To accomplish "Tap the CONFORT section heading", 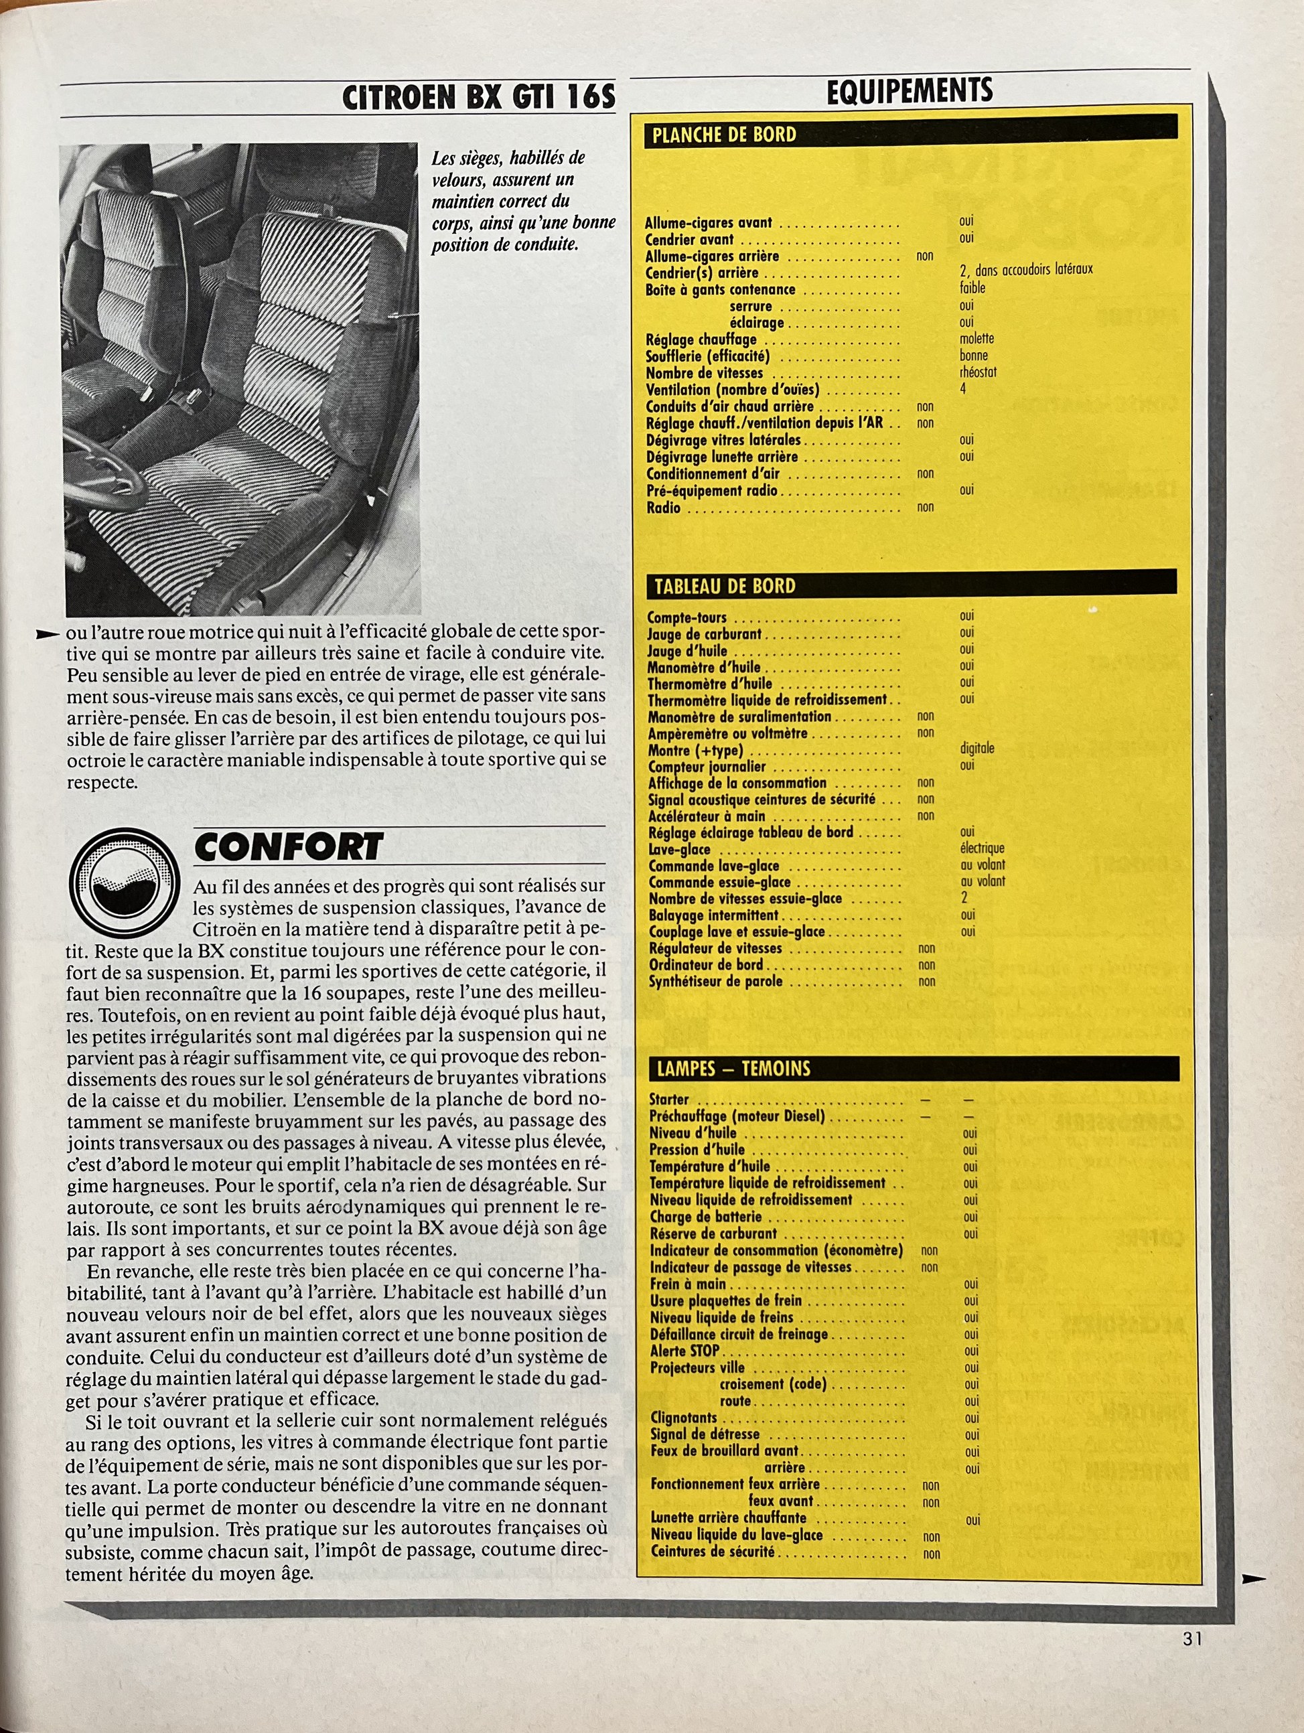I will point(289,847).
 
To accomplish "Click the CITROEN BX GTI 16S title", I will point(478,97).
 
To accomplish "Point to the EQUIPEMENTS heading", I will point(909,91).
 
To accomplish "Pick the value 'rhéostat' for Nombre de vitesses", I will point(977,372).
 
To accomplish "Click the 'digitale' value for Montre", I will point(976,748).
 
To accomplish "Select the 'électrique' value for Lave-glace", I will point(981,848).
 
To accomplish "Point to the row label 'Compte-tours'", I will point(686,617).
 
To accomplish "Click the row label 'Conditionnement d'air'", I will point(713,474).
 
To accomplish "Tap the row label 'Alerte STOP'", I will point(684,1351).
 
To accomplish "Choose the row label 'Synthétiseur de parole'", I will point(715,981).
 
